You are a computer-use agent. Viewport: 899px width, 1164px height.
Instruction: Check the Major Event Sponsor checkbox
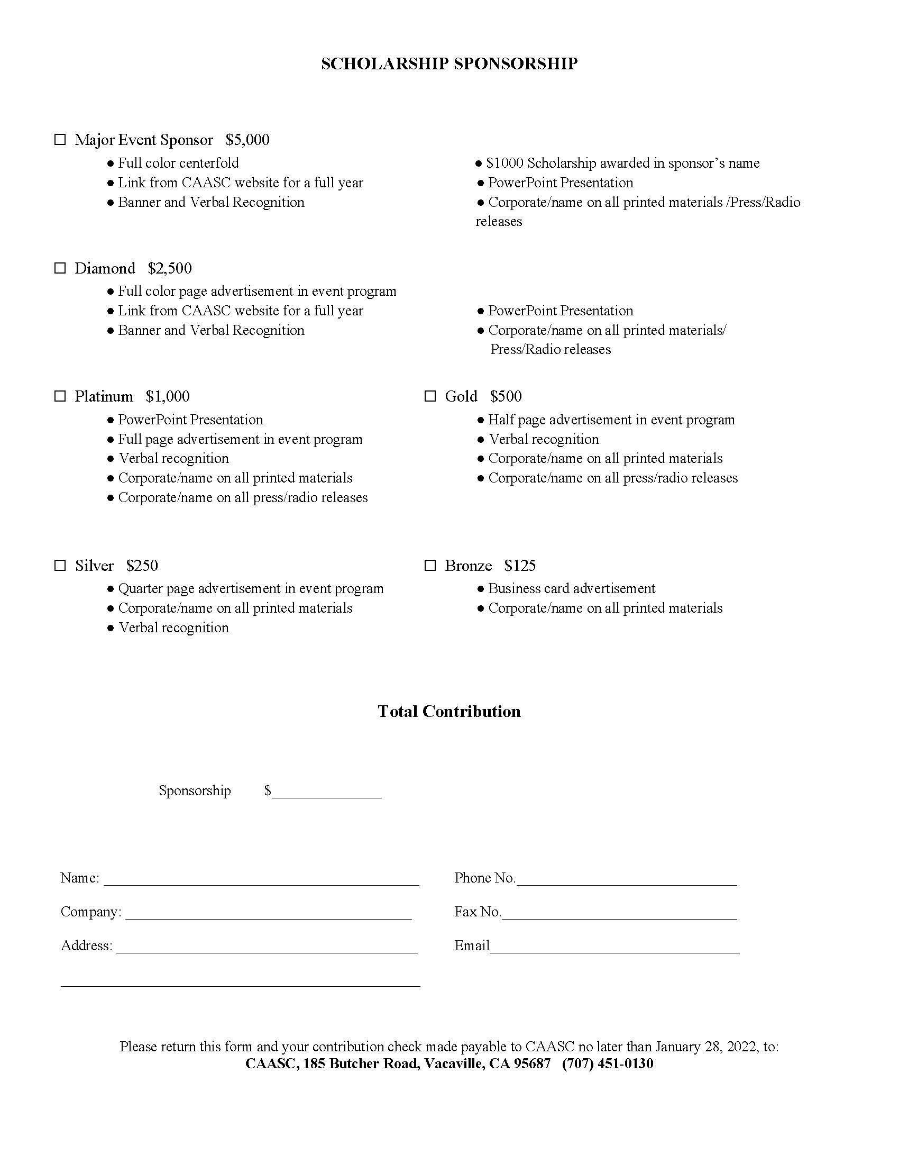click(60, 140)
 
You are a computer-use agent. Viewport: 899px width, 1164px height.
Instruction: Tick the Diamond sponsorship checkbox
click(60, 268)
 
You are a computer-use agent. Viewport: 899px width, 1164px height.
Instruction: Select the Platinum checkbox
click(60, 396)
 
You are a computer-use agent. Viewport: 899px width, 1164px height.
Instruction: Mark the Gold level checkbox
click(430, 396)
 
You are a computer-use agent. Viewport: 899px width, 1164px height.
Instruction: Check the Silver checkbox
click(60, 565)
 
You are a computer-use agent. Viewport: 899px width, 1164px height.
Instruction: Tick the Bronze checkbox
click(430, 565)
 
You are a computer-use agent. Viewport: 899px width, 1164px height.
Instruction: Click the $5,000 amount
click(247, 140)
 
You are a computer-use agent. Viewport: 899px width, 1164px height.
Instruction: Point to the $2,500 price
click(170, 268)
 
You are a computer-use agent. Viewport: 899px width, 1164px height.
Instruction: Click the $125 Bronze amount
click(520, 566)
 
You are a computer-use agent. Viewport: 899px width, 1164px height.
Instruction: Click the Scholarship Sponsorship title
click(449, 63)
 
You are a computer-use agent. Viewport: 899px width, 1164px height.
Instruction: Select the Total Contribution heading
click(449, 711)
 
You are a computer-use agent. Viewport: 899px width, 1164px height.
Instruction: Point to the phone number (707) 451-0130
click(607, 1063)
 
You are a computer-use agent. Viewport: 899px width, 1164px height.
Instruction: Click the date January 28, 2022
click(705, 1046)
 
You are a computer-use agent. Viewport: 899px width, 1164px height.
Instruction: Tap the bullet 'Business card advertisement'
click(572, 588)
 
